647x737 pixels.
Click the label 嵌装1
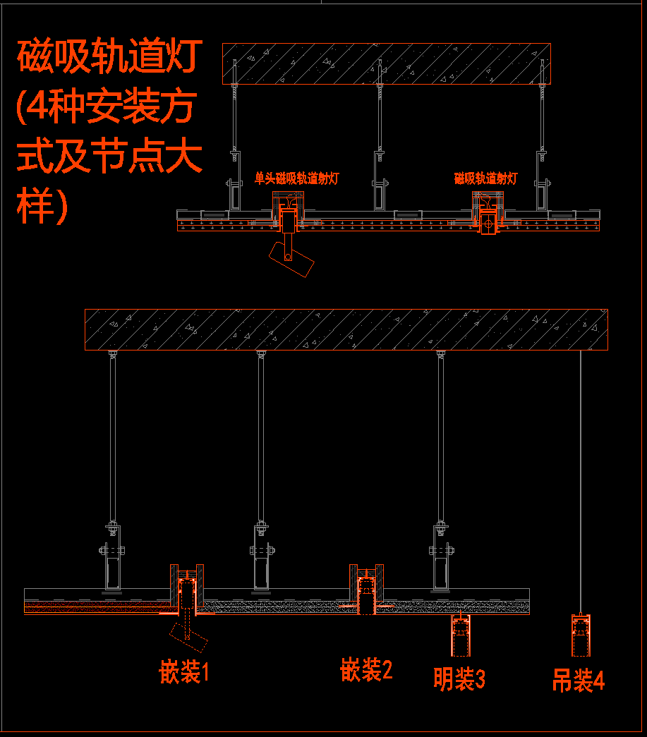click(184, 672)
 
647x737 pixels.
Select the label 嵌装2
click(366, 669)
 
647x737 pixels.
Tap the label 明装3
click(459, 679)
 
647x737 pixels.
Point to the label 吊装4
click(578, 681)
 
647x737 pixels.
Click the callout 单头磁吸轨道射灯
click(296, 178)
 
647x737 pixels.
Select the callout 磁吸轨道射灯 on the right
click(485, 178)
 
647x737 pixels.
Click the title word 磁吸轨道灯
click(110, 57)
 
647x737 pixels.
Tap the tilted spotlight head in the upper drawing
click(292, 260)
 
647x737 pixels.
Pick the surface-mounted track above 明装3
click(460, 634)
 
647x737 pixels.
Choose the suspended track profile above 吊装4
click(580, 635)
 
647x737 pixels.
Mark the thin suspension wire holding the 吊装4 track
click(580, 480)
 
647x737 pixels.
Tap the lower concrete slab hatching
click(346, 329)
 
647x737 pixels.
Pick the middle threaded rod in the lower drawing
click(261, 437)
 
